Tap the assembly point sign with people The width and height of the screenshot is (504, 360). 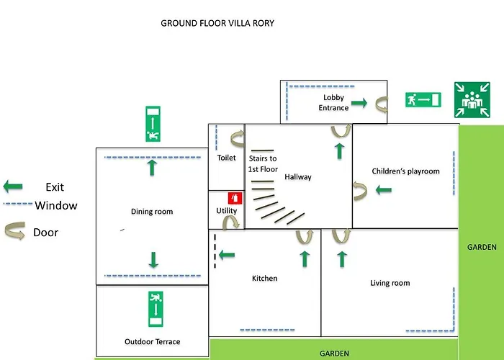tap(472, 99)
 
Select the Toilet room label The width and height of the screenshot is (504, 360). tap(226, 158)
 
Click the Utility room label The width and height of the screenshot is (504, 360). tap(226, 211)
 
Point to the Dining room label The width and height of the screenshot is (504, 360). tap(152, 212)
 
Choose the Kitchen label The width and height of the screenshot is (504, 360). tap(264, 279)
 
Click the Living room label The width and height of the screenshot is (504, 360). tap(390, 283)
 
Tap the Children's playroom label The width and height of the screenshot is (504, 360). tap(405, 171)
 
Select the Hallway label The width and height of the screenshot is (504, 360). tap(298, 177)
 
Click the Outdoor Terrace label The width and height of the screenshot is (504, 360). tap(152, 341)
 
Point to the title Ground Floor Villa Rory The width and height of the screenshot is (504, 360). tap(217, 23)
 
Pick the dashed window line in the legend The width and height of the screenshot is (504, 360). tap(17, 205)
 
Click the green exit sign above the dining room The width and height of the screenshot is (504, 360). tap(152, 124)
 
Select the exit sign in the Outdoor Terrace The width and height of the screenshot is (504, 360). tap(153, 308)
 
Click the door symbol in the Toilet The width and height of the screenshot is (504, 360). tap(235, 138)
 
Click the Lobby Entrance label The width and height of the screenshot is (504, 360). tap(333, 103)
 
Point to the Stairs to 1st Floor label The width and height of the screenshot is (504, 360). tap(263, 163)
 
